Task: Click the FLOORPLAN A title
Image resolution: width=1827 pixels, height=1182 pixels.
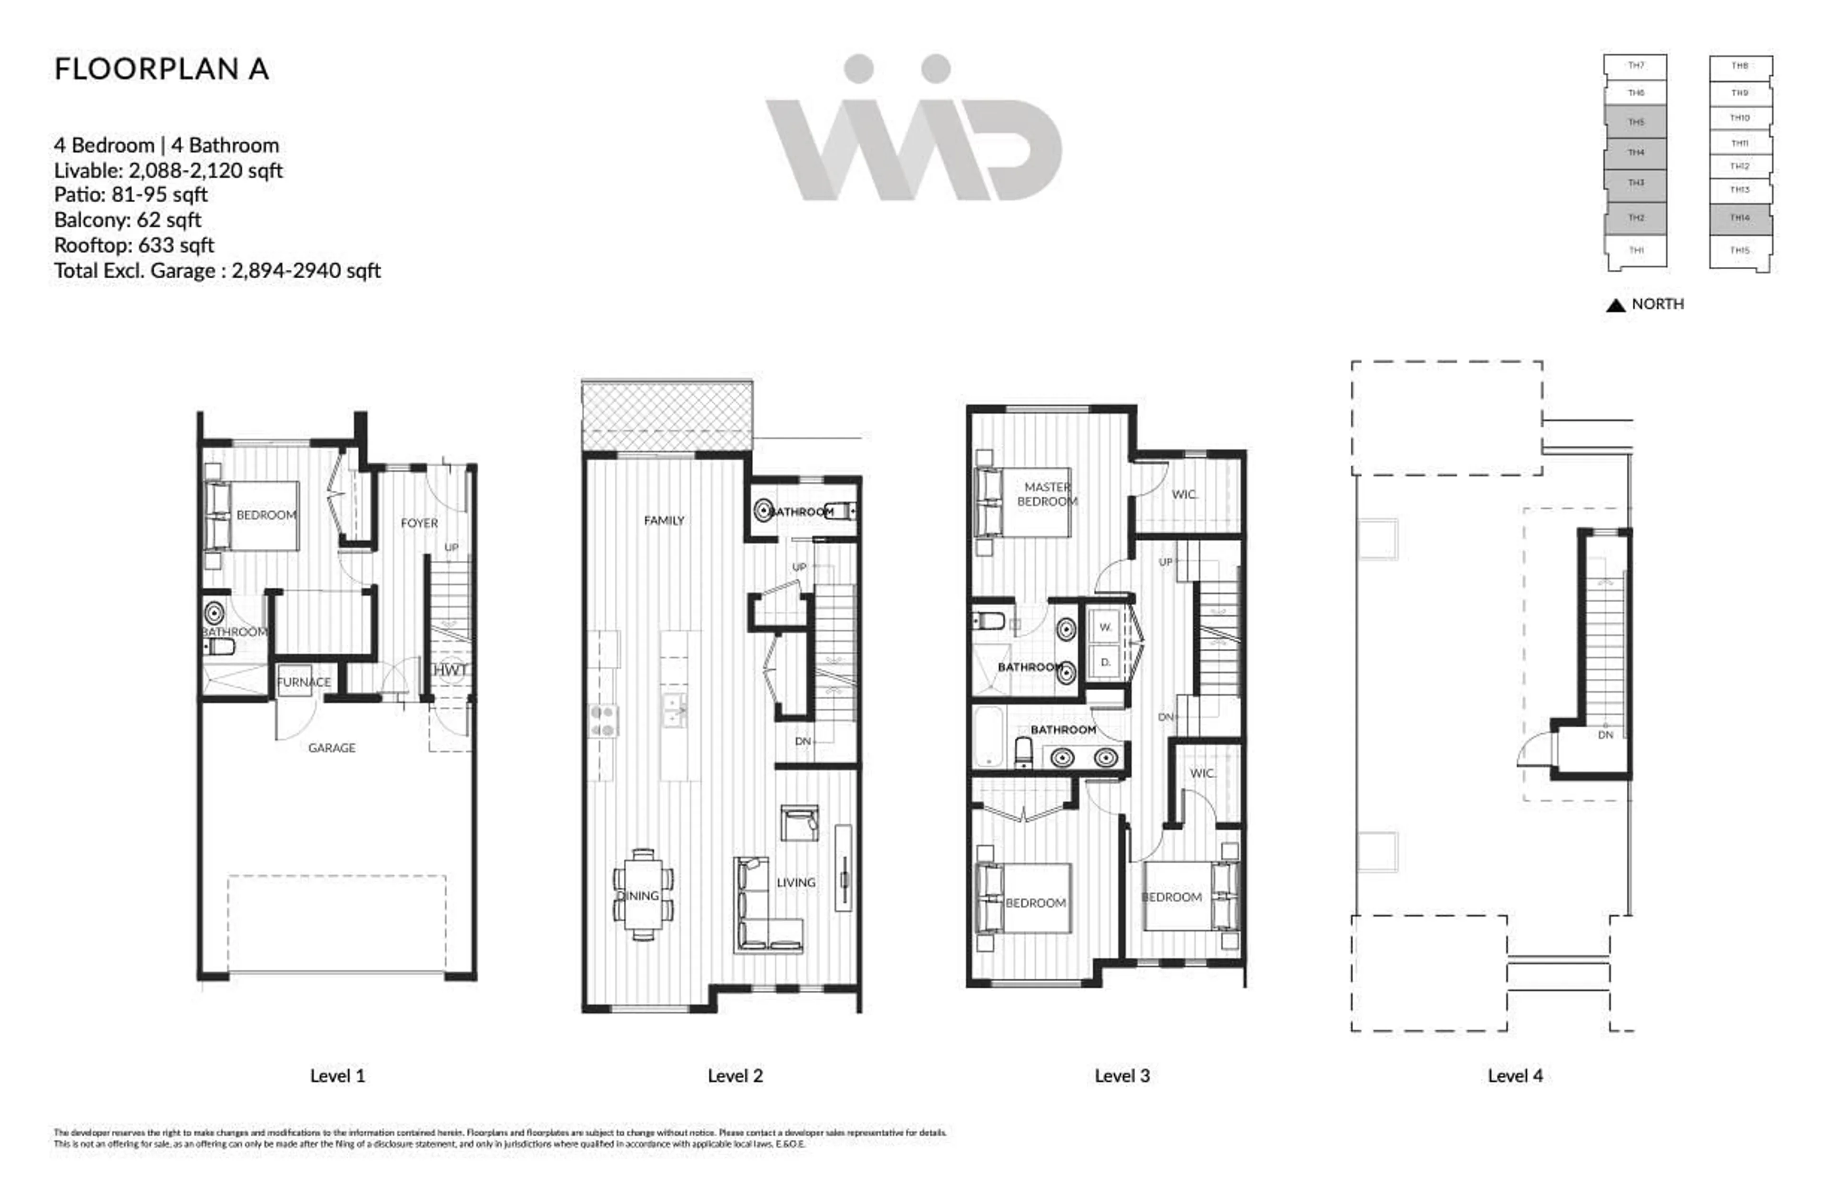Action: [161, 69]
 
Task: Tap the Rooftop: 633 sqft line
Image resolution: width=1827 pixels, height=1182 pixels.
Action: [134, 245]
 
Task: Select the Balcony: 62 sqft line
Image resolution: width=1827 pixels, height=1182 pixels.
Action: [128, 220]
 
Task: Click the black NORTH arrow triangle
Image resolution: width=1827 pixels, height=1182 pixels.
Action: [1615, 305]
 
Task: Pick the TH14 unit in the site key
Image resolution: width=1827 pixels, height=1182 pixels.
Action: [1740, 218]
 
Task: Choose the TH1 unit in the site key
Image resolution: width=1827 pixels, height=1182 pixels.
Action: [1636, 250]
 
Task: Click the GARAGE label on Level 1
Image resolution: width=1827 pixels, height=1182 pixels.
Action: [332, 748]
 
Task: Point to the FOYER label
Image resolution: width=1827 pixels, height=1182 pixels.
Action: [419, 523]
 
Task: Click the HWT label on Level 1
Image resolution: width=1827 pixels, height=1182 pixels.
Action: [450, 670]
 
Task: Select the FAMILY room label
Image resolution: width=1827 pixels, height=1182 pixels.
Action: [664, 520]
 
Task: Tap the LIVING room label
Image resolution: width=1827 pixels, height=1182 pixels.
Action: [796, 883]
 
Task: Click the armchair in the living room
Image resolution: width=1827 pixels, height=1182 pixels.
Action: [799, 823]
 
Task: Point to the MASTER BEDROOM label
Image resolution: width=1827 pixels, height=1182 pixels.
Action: [1047, 494]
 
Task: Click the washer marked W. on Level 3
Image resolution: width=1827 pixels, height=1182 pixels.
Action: [1105, 627]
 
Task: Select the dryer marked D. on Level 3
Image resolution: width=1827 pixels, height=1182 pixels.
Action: [1105, 662]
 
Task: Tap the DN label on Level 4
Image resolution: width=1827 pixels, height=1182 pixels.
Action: [1605, 734]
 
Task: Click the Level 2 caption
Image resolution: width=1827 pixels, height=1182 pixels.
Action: [735, 1076]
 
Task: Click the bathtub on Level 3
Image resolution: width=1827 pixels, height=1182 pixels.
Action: [989, 737]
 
